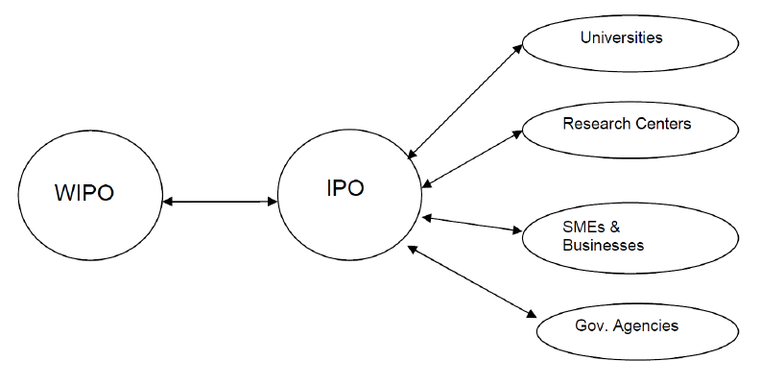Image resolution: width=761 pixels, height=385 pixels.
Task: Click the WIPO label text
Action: click(x=84, y=193)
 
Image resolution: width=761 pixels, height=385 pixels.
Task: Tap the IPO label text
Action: click(x=345, y=188)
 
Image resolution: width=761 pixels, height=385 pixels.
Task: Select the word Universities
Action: click(x=621, y=37)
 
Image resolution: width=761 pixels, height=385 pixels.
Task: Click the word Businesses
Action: click(x=604, y=245)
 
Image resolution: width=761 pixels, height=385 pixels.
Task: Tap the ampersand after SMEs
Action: click(x=615, y=227)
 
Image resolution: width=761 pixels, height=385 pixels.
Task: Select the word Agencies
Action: click(x=646, y=325)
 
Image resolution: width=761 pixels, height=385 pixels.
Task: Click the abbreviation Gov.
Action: click(x=591, y=325)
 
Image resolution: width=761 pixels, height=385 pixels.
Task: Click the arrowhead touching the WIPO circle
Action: click(x=167, y=201)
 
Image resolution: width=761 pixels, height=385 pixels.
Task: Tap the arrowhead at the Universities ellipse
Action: click(x=517, y=48)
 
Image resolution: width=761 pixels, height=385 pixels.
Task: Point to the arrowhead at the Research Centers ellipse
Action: click(x=516, y=134)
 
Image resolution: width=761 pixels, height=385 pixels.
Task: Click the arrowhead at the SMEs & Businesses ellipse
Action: click(x=516, y=230)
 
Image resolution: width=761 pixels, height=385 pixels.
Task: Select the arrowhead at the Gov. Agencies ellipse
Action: click(x=531, y=314)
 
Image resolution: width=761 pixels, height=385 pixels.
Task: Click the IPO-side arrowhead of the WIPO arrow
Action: click(x=272, y=201)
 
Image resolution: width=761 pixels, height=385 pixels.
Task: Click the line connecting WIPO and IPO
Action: click(x=220, y=201)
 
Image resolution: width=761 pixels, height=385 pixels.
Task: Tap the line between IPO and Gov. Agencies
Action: click(x=472, y=282)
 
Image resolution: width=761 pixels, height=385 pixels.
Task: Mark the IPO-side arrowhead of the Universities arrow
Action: click(x=412, y=154)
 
